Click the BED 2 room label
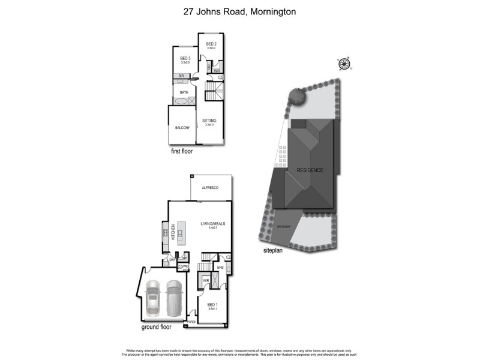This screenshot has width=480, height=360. (211, 44)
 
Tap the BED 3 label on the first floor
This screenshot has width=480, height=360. (185, 58)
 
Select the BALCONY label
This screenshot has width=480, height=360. (182, 128)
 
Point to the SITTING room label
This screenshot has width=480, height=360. (209, 121)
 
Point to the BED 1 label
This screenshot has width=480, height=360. (212, 305)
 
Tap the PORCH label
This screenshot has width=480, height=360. (192, 322)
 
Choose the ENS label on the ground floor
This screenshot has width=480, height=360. (220, 267)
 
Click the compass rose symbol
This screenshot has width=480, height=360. (344, 63)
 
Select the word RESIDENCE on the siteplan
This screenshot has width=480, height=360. (310, 170)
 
